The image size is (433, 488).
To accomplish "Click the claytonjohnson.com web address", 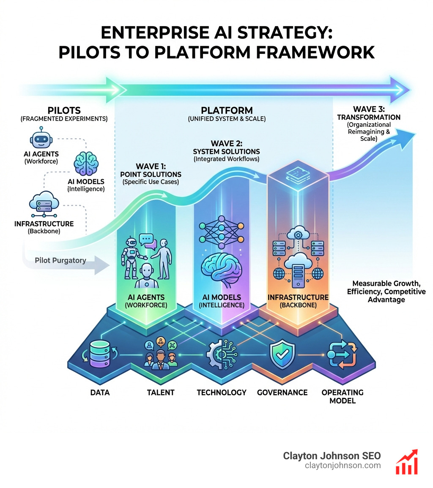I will coord(343,465).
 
